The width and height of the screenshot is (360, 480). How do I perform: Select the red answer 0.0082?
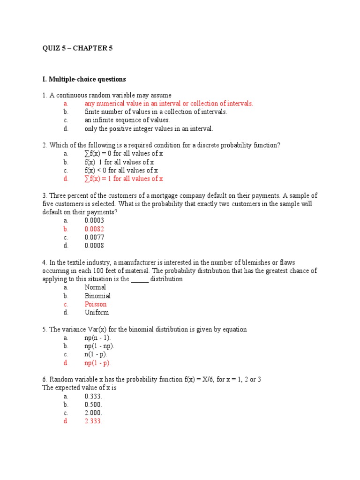coord(94,229)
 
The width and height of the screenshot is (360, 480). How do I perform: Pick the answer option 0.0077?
coord(94,237)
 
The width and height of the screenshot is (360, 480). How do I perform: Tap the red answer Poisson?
coord(95,304)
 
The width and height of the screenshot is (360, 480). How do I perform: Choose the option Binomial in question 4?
coord(97,296)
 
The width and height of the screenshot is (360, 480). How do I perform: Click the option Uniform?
coord(97,313)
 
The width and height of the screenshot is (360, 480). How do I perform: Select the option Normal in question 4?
coord(95,287)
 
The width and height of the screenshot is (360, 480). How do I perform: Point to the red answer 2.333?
coord(93,421)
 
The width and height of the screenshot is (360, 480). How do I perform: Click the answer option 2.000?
coord(93,412)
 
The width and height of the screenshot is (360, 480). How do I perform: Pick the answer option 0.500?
coord(93,404)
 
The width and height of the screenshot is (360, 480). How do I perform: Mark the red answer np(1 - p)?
coord(98,363)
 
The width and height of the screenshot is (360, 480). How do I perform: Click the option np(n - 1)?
coord(98,337)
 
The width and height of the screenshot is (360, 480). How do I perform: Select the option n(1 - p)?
coord(96,354)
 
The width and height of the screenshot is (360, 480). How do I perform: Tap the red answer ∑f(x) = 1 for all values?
coord(124,179)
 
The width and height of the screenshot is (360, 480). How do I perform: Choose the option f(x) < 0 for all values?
coord(121,170)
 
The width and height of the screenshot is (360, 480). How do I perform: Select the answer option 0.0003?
coord(94,220)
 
